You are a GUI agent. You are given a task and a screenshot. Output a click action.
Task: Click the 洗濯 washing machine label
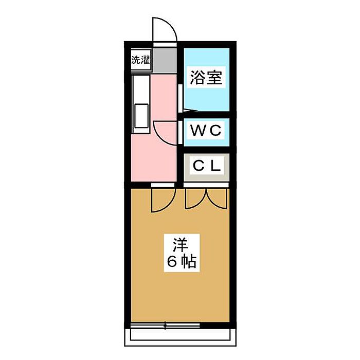pyautogui.click(x=140, y=60)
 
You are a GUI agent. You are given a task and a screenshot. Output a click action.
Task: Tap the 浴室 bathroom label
pyautogui.click(x=206, y=78)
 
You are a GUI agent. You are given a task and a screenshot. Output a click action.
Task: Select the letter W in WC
pyautogui.click(x=198, y=131)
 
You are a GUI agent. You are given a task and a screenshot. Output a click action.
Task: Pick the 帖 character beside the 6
pyautogui.click(x=189, y=262)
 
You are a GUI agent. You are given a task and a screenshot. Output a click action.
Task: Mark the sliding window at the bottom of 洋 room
pyautogui.click(x=165, y=325)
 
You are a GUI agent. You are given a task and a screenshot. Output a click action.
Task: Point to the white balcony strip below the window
pyautogui.click(x=180, y=335)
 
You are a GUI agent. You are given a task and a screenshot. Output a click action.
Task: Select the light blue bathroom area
pyautogui.click(x=206, y=95)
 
